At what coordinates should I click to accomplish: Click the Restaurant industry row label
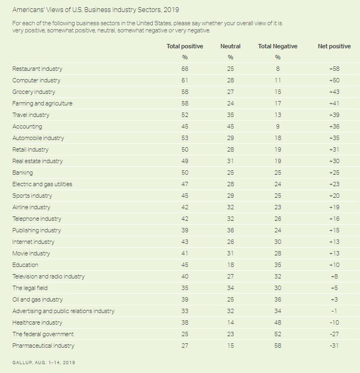pyautogui.click(x=37, y=69)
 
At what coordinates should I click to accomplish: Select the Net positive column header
pyautogui.click(x=334, y=47)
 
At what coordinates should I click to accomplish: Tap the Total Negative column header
pyautogui.click(x=278, y=47)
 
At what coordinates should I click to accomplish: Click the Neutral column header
pyautogui.click(x=230, y=47)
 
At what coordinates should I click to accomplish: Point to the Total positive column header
pyautogui.click(x=185, y=47)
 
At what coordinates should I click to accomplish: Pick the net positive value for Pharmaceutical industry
pyautogui.click(x=334, y=346)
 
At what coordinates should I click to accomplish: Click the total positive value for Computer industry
pyautogui.click(x=185, y=81)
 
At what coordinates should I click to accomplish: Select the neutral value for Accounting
pyautogui.click(x=230, y=127)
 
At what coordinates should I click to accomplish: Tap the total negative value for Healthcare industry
pyautogui.click(x=278, y=323)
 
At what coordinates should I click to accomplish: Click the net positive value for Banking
pyautogui.click(x=334, y=173)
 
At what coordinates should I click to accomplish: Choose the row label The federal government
pyautogui.click(x=43, y=335)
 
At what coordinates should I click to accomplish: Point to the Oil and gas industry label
pyautogui.click(x=38, y=300)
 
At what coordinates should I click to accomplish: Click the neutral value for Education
pyautogui.click(x=230, y=265)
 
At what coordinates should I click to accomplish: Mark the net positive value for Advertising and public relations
pyautogui.click(x=334, y=311)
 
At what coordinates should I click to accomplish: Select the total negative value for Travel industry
pyautogui.click(x=278, y=115)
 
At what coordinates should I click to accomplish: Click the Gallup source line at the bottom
pyautogui.click(x=43, y=363)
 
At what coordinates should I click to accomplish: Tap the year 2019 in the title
pyautogui.click(x=171, y=10)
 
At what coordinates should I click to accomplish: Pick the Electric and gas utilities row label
pyautogui.click(x=42, y=185)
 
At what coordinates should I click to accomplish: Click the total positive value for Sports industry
pyautogui.click(x=185, y=196)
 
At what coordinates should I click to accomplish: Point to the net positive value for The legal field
pyautogui.click(x=334, y=288)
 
